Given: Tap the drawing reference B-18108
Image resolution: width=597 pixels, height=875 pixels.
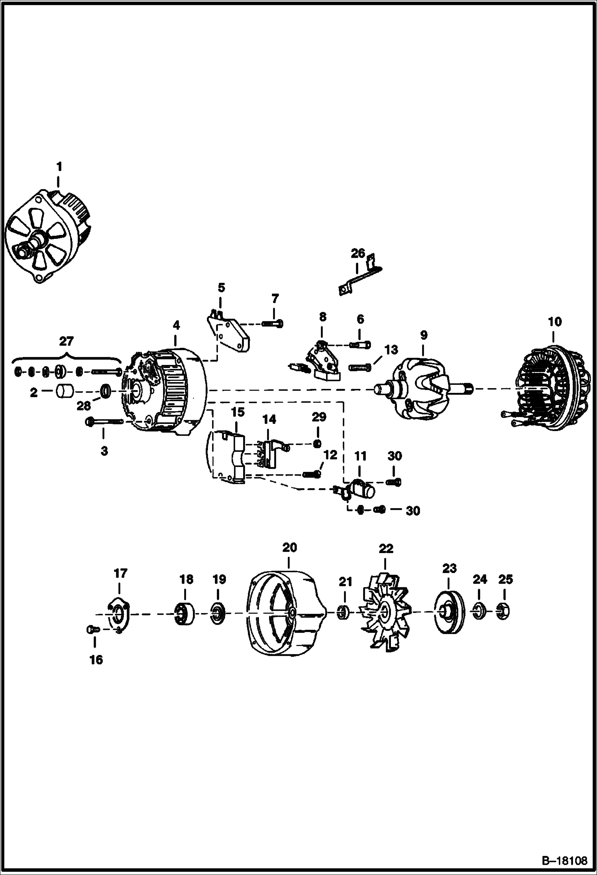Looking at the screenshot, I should [x=565, y=859].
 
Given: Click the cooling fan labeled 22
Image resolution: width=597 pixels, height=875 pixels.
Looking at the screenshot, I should [x=384, y=613].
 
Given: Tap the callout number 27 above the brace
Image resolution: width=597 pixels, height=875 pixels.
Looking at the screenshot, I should [x=66, y=342].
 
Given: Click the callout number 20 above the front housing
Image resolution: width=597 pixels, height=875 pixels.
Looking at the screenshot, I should [x=290, y=548].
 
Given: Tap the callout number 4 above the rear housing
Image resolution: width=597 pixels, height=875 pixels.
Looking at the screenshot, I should [x=176, y=325].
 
